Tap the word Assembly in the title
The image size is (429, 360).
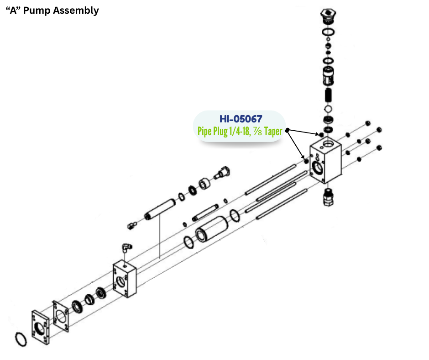(x=76, y=11)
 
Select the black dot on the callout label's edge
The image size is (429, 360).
(x=288, y=130)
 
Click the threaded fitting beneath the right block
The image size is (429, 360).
(x=328, y=197)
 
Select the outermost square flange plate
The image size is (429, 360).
(x=40, y=327)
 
